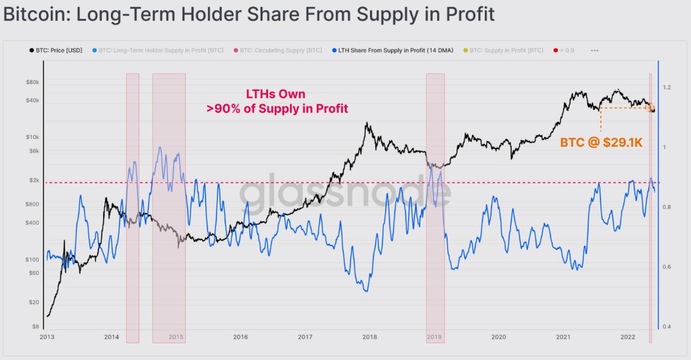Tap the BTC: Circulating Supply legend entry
[x=280, y=51]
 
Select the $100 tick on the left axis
[x=31, y=260]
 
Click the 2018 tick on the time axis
[x=369, y=337]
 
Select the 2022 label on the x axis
[x=627, y=337]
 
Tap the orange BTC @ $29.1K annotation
[x=602, y=143]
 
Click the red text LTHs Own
[x=276, y=94]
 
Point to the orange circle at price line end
[x=650, y=107]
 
